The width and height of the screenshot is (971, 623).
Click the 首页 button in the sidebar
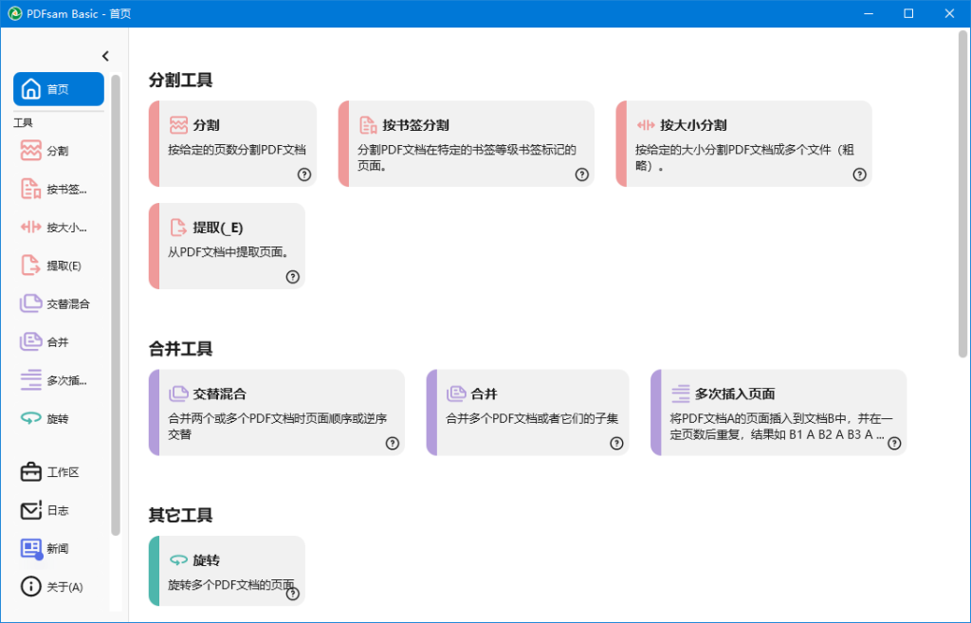pos(59,89)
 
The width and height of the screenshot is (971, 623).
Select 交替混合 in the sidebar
pos(56,304)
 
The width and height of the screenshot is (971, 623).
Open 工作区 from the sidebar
pos(50,472)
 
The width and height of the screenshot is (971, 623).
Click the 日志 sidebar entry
pos(45,510)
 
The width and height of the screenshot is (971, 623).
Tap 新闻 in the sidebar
pos(45,549)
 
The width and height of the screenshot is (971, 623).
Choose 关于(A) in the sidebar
pos(52,586)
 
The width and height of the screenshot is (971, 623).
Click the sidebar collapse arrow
pos(105,56)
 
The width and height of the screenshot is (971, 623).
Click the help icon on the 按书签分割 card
pos(581,174)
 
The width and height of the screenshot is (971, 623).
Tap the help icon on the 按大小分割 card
pos(859,174)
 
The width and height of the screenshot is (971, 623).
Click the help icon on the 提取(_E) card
pos(293,277)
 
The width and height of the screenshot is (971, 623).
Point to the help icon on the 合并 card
pos(616,444)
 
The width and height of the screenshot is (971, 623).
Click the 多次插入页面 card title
pos(735,394)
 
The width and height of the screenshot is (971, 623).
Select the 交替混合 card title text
pos(219,394)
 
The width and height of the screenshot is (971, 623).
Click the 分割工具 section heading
pos(181,80)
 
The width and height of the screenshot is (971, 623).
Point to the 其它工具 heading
pos(181,515)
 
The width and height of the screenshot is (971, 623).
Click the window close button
pos(949,13)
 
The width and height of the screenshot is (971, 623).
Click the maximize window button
pos(908,13)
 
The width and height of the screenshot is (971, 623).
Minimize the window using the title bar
pos(869,13)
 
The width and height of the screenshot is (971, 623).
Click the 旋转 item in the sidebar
pos(45,419)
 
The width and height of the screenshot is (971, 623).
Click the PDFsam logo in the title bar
pos(15,13)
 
